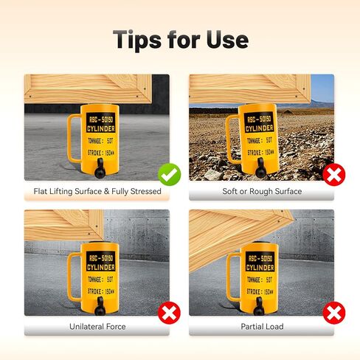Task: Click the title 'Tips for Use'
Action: [180, 38]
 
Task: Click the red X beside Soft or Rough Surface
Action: [334, 175]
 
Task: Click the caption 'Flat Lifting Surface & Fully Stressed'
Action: [97, 191]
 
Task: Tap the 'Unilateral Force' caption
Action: [97, 325]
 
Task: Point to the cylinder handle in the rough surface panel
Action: [233, 139]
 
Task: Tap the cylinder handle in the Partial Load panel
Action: [233, 274]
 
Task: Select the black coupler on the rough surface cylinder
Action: [263, 170]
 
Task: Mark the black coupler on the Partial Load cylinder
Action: [263, 306]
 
